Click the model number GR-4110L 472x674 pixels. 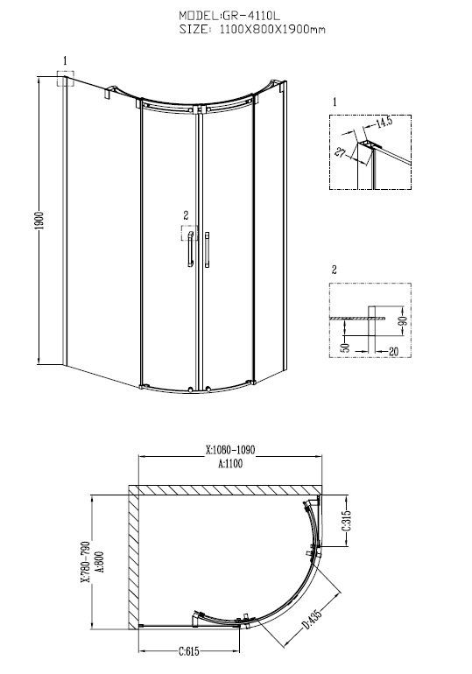[250, 16]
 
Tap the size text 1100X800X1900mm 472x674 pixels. [272, 30]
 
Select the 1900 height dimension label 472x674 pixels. [39, 221]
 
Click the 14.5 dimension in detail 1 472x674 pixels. [384, 122]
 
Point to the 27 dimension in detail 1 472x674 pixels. [340, 151]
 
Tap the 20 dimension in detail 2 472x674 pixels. [393, 352]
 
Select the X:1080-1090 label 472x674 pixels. [230, 450]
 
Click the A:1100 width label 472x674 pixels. [230, 463]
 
